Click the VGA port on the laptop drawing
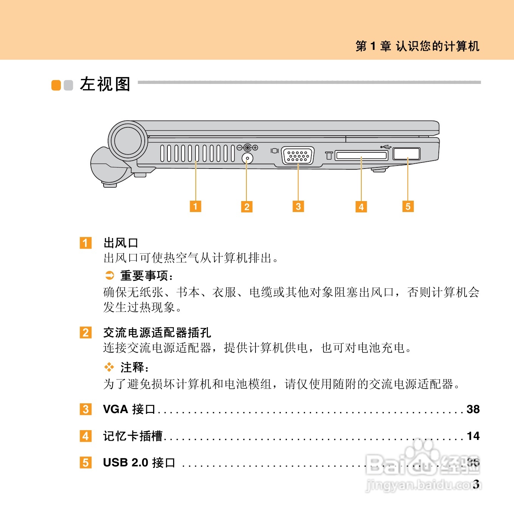pos(298,156)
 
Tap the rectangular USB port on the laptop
pos(406,154)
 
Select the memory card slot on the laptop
pos(361,155)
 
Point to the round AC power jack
pos(247,158)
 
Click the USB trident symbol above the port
pos(386,146)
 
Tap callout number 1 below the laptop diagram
pos(195,206)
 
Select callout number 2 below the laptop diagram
pos(247,207)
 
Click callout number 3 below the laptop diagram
pos(298,206)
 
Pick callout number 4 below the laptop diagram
pos(361,207)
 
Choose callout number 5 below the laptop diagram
pos(408,206)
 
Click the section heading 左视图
pos(105,84)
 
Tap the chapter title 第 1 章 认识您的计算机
pos(417,46)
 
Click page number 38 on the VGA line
pos(473,409)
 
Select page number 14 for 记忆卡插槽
pos(473,436)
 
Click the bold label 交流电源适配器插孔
pos(157,333)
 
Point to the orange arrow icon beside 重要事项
pos(110,276)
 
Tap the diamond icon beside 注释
pos(109,367)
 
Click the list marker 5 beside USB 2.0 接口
pos(85,463)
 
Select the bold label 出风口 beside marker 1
pos(121,243)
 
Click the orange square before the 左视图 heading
pos(56,85)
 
